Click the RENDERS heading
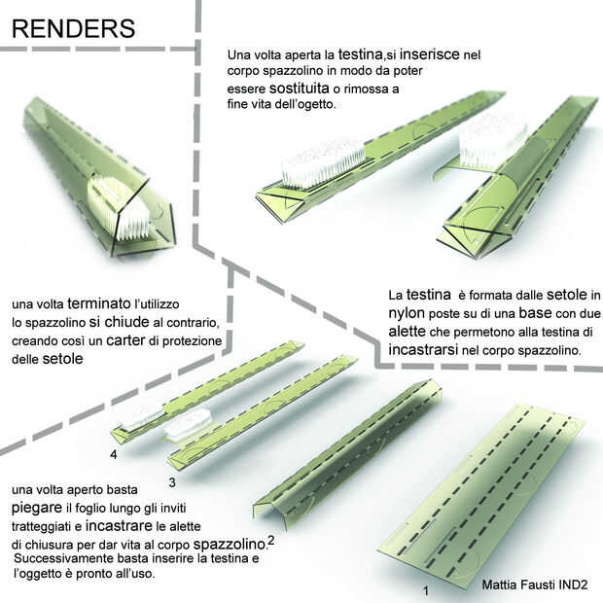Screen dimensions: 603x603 (x=73, y=29)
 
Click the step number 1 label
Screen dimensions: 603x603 (x=424, y=590)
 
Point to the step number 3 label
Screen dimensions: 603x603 (x=170, y=480)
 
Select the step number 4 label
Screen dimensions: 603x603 (x=114, y=454)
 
